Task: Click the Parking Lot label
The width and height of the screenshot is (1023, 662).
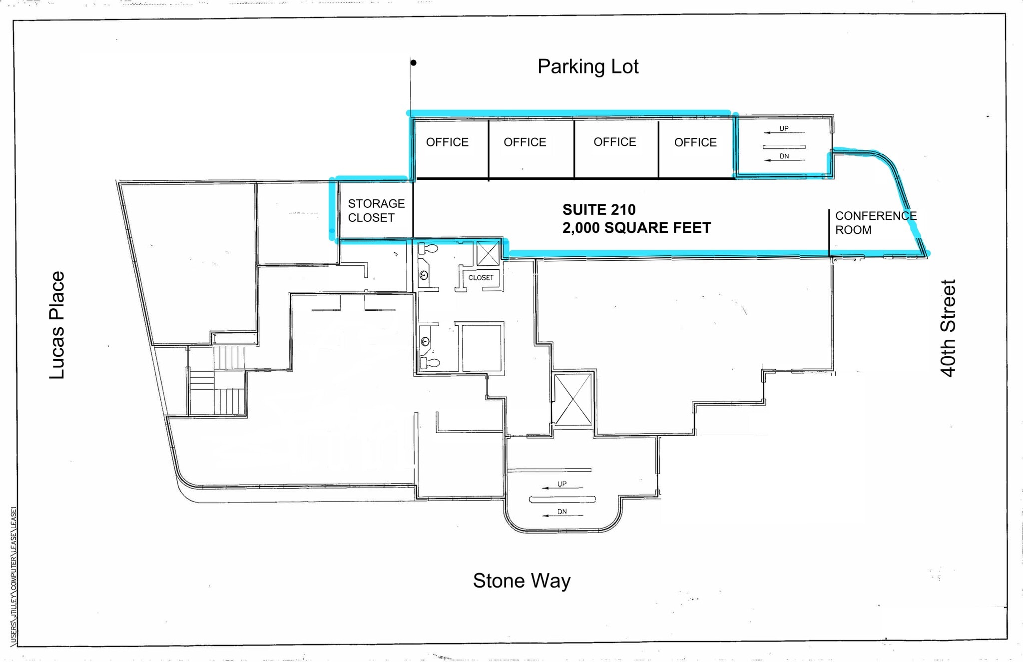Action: pyautogui.click(x=588, y=67)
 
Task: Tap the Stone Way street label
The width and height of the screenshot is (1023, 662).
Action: pyautogui.click(x=521, y=581)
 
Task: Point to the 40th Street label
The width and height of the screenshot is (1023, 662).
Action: pyautogui.click(x=948, y=328)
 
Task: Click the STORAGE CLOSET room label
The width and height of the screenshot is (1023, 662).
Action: pyautogui.click(x=376, y=211)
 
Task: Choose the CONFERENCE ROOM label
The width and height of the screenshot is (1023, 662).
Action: pyautogui.click(x=875, y=223)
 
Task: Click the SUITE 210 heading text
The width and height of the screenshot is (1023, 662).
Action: pyautogui.click(x=599, y=210)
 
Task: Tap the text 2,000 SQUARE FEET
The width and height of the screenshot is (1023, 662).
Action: pyautogui.click(x=636, y=228)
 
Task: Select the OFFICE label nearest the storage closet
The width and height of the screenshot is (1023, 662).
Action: pyautogui.click(x=447, y=142)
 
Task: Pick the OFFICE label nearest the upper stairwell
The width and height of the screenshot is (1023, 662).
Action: pyautogui.click(x=695, y=143)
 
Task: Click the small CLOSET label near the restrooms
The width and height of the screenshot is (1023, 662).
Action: pyautogui.click(x=481, y=278)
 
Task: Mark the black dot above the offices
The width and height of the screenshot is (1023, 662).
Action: pyautogui.click(x=414, y=63)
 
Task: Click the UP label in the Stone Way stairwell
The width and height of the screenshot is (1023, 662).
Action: pyautogui.click(x=562, y=484)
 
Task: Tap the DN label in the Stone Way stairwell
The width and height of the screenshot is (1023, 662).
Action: pyautogui.click(x=562, y=512)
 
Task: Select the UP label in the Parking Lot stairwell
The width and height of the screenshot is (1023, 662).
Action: pyautogui.click(x=784, y=129)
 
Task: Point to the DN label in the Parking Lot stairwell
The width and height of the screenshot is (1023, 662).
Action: pyautogui.click(x=784, y=156)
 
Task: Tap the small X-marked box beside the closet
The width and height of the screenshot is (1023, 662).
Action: pyautogui.click(x=488, y=253)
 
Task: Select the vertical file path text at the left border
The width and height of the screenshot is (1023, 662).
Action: pyautogui.click(x=14, y=575)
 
